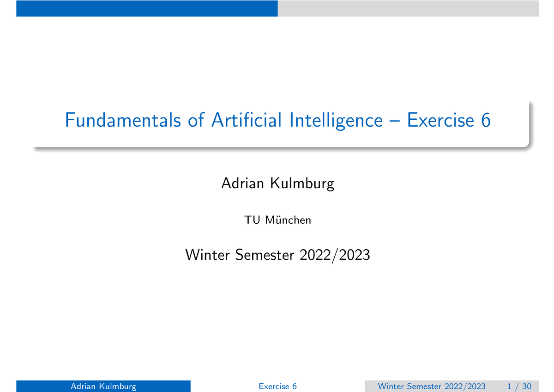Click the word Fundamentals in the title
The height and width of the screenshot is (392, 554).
pyautogui.click(x=123, y=120)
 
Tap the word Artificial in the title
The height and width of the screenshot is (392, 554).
pyautogui.click(x=247, y=120)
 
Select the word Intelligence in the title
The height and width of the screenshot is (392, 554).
pyautogui.click(x=336, y=121)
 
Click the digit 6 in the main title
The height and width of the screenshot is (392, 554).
pyautogui.click(x=486, y=120)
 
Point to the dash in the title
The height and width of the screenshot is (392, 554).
pyautogui.click(x=395, y=121)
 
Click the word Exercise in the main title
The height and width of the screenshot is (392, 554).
pyautogui.click(x=440, y=120)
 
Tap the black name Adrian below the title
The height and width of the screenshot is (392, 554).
pyautogui.click(x=243, y=183)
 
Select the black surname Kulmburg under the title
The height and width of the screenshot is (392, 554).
pyautogui.click(x=302, y=184)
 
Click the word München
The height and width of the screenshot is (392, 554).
pyautogui.click(x=288, y=220)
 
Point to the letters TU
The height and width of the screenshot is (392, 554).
pyautogui.click(x=252, y=220)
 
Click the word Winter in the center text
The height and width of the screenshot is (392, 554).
pyautogui.click(x=208, y=255)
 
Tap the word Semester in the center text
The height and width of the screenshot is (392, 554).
pyautogui.click(x=265, y=255)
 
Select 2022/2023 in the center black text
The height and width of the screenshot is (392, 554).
pyautogui.click(x=335, y=255)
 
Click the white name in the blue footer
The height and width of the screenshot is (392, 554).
pyautogui.click(x=103, y=386)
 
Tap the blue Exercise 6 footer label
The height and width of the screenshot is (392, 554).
pyautogui.click(x=277, y=386)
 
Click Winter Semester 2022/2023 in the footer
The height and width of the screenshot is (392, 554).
pyautogui.click(x=431, y=386)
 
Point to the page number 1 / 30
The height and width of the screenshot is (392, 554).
pyautogui.click(x=519, y=386)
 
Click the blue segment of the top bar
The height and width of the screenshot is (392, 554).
pyautogui.click(x=147, y=8)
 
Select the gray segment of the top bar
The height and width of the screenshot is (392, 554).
pyautogui.click(x=408, y=8)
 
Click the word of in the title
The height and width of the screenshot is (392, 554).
pyautogui.click(x=196, y=120)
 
